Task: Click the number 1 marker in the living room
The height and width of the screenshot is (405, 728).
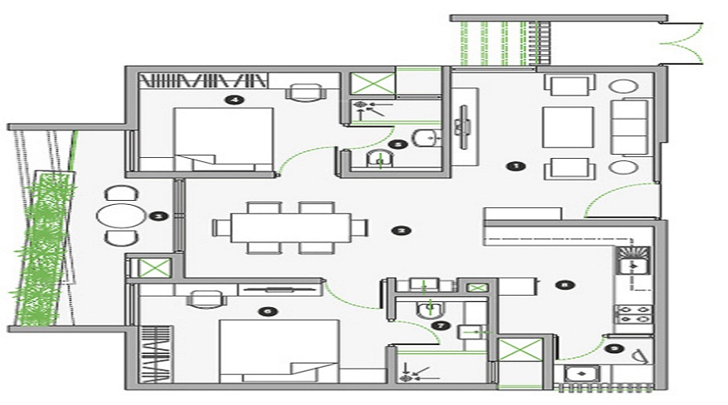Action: pyautogui.click(x=512, y=165)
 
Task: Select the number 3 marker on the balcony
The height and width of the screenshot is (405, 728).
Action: pyautogui.click(x=159, y=216)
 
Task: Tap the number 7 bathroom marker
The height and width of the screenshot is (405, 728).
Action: pyautogui.click(x=439, y=325)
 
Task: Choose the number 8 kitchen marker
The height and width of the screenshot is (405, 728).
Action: pyautogui.click(x=565, y=284)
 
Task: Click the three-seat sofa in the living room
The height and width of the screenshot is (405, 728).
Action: pyautogui.click(x=635, y=126)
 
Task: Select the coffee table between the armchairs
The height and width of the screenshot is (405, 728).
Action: pyautogui.click(x=567, y=126)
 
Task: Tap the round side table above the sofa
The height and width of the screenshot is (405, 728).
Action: pyautogui.click(x=624, y=87)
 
